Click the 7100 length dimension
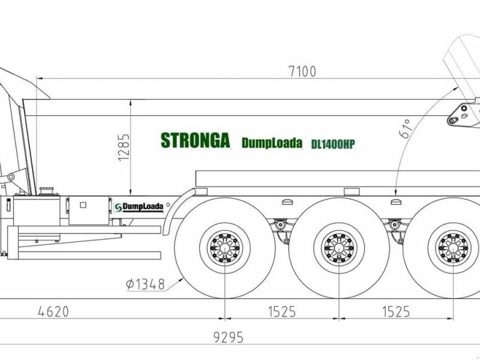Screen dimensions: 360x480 302,71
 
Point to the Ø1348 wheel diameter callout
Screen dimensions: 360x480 145,284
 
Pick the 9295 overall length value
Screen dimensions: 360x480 228,337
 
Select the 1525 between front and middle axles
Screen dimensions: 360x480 281,312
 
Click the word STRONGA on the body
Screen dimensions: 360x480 195,140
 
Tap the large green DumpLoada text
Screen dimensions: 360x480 272,143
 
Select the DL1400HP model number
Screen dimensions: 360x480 333,144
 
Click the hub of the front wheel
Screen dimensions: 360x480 224,247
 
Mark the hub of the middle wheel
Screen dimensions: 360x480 339,247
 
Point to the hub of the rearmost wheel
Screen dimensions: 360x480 454,247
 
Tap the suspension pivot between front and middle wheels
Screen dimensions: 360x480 279,226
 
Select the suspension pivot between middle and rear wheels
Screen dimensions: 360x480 395,226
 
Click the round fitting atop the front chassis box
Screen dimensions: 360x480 44,191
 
